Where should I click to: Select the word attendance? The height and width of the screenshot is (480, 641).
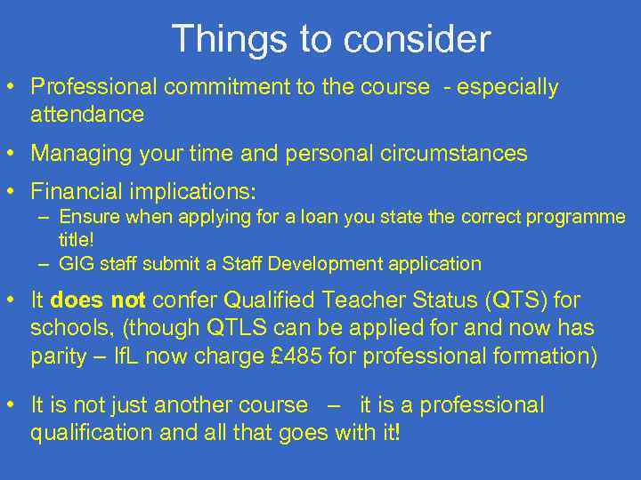87,114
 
